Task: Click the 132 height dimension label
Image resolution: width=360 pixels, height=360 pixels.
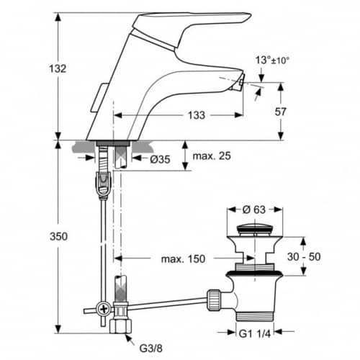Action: [58, 69]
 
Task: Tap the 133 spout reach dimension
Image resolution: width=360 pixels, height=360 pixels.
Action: [197, 115]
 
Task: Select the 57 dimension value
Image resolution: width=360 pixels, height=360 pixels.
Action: [280, 112]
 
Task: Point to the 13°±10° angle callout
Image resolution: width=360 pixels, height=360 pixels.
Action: [272, 60]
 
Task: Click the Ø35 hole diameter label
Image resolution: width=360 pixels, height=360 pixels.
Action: [160, 159]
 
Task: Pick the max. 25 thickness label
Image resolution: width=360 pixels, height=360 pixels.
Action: [212, 156]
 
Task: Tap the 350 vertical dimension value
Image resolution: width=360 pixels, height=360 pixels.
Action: [58, 237]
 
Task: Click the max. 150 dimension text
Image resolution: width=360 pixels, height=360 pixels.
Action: [184, 259]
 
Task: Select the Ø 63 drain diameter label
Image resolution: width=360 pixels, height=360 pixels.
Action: [254, 210]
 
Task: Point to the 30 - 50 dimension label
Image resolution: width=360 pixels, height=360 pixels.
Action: [304, 257]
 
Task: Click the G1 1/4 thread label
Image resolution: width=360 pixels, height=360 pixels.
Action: [255, 333]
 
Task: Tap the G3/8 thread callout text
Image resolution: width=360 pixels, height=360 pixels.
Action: [151, 348]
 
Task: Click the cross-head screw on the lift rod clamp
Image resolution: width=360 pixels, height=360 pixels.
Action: [104, 309]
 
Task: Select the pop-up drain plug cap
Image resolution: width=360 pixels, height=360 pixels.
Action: [254, 230]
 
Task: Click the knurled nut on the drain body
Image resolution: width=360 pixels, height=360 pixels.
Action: [214, 300]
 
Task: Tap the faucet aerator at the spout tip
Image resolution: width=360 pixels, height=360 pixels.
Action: [240, 82]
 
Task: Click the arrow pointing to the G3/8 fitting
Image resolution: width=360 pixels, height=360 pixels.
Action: [130, 339]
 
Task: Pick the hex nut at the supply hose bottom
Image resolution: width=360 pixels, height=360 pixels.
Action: [121, 326]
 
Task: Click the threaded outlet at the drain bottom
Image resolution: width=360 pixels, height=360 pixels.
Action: [255, 316]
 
